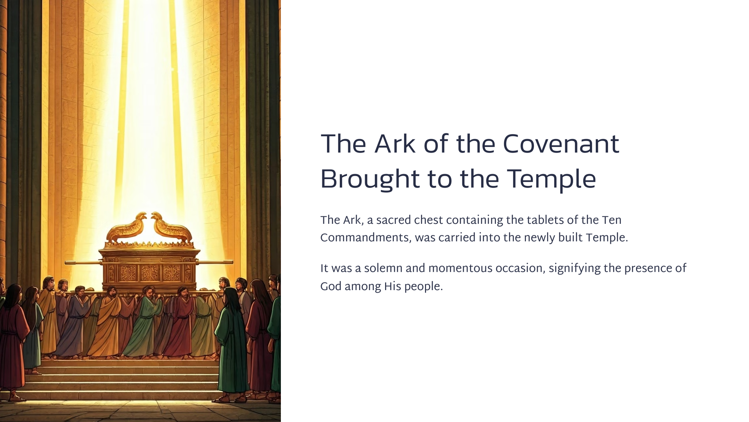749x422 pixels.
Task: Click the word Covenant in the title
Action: pyautogui.click(x=561, y=144)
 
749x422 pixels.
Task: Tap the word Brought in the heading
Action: pyautogui.click(x=369, y=179)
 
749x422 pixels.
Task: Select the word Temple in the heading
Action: pyautogui.click(x=552, y=179)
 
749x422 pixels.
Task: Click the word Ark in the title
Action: pyautogui.click(x=395, y=144)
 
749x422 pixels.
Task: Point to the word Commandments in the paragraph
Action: pyautogui.click(x=364, y=238)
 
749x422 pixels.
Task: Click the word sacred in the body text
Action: pyautogui.click(x=394, y=220)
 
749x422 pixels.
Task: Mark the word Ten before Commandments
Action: pyautogui.click(x=611, y=220)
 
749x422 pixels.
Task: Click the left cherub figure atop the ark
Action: pyautogui.click(x=127, y=228)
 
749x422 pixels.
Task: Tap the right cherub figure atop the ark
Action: pyautogui.click(x=171, y=228)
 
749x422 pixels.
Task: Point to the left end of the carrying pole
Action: pyautogui.click(x=66, y=262)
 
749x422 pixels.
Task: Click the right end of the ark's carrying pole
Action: pyautogui.click(x=232, y=262)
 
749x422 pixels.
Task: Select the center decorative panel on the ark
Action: pyautogui.click(x=150, y=273)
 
